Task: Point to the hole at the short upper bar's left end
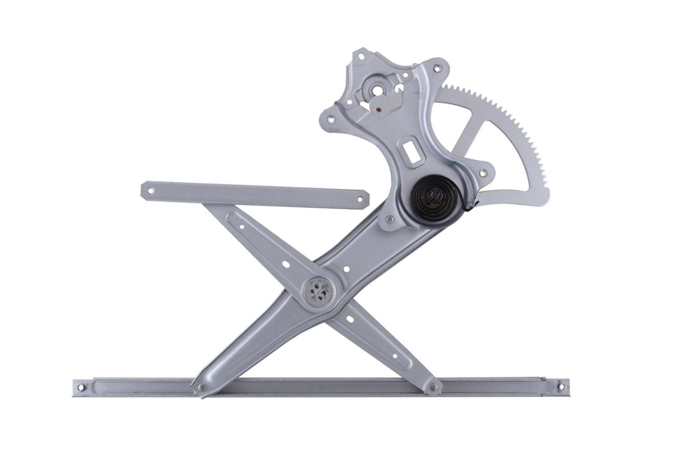coord(151,191)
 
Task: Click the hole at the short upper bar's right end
coord(359,199)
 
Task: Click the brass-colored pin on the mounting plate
coord(378,110)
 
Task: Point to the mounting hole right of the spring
coord(482,173)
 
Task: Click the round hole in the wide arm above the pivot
coord(346,269)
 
